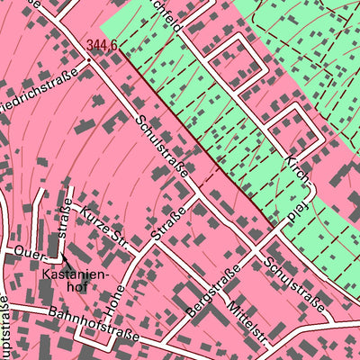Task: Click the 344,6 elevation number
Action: click(x=103, y=43)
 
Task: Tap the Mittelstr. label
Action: click(x=247, y=319)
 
